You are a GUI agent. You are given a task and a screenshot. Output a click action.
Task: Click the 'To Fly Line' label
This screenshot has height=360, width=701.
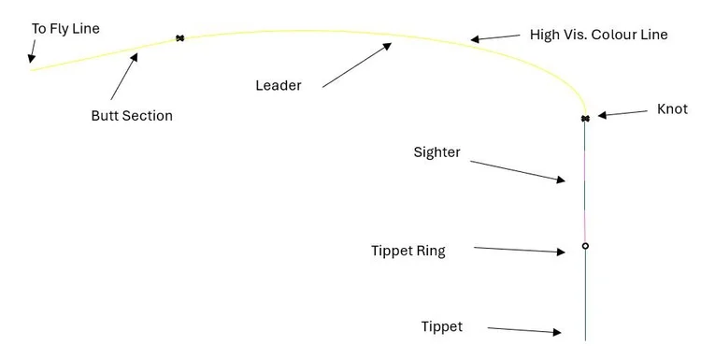point(65,29)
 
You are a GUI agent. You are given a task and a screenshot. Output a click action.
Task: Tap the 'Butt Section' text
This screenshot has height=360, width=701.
point(132,116)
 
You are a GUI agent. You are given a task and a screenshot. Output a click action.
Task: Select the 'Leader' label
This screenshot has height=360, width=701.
point(279,85)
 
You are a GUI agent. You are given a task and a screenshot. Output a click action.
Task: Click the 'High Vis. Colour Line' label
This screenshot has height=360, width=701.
point(599,35)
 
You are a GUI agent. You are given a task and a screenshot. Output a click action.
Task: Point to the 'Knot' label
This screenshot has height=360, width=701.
point(672,109)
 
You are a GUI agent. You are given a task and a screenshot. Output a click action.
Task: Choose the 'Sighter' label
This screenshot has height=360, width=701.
point(437,151)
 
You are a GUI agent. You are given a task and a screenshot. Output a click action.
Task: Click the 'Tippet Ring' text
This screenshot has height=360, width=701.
point(408,251)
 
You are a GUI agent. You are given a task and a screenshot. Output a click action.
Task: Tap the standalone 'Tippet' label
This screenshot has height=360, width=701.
point(442,326)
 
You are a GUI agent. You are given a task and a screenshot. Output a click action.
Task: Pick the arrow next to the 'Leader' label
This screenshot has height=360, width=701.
point(357,65)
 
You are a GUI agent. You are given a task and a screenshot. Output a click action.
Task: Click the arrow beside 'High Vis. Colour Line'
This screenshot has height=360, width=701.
point(494,37)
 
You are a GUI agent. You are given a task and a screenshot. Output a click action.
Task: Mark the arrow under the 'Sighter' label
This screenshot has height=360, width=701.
point(519,171)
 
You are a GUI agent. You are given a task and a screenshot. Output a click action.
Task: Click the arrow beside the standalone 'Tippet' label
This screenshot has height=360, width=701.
point(523,330)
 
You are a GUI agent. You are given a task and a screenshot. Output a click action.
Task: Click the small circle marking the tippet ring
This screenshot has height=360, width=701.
point(585,246)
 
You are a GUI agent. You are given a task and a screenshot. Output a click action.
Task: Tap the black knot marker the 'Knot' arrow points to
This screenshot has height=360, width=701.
point(585,119)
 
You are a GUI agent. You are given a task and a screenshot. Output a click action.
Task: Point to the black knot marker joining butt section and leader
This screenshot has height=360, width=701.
point(179,38)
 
